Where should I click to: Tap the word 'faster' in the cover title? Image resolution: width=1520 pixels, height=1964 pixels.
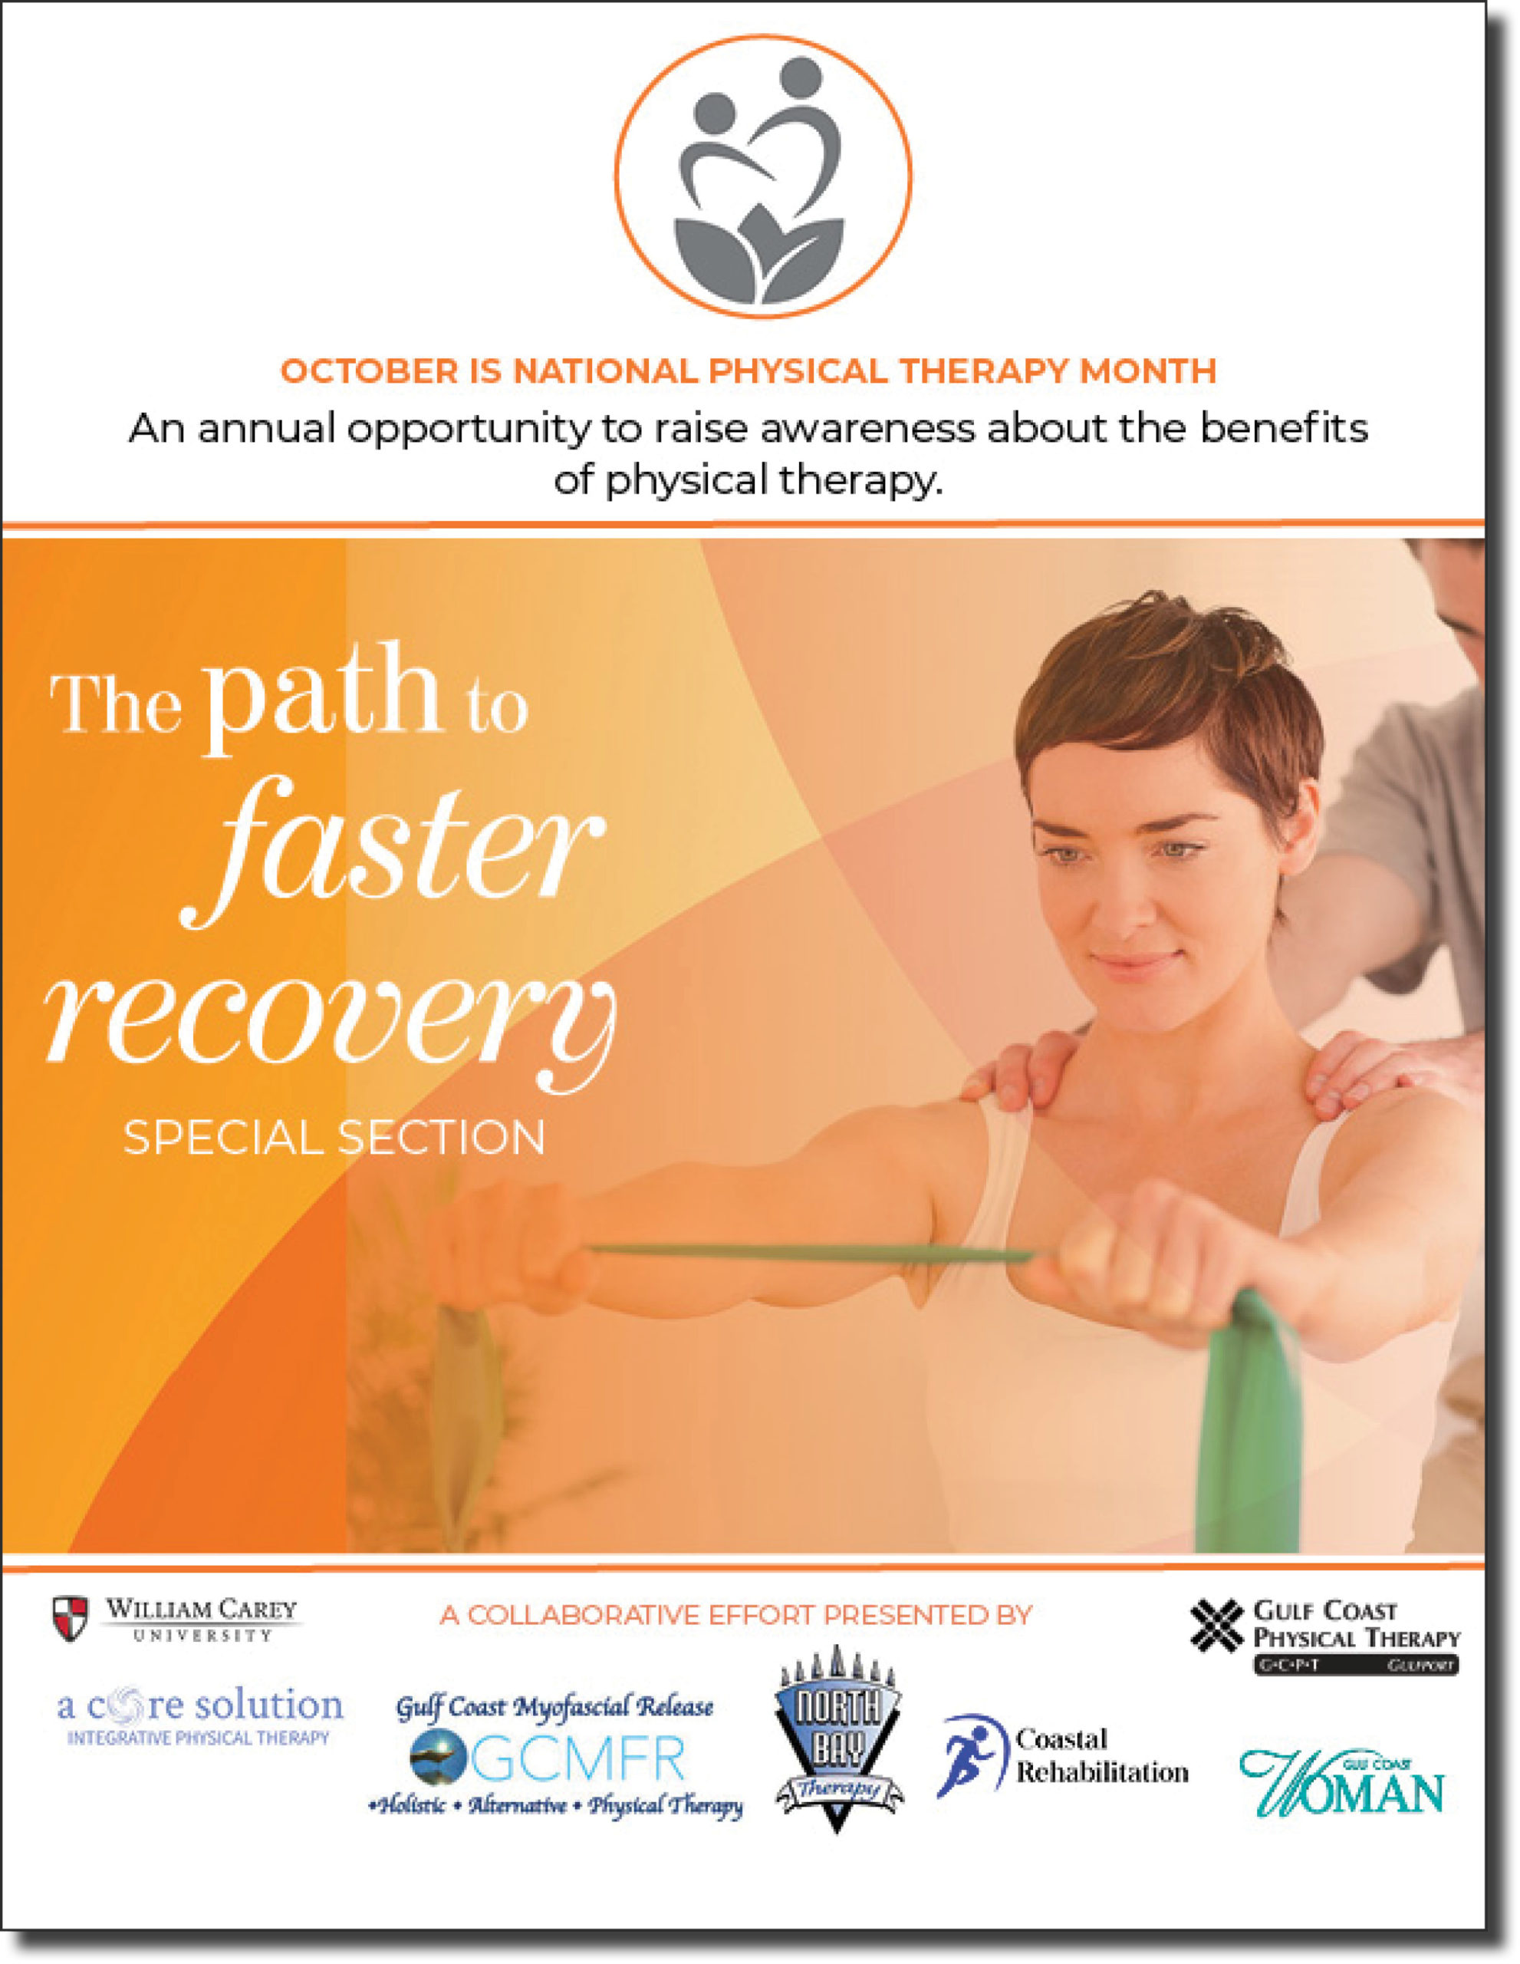tap(393, 852)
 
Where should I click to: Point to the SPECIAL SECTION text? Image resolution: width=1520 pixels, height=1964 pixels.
tap(334, 1139)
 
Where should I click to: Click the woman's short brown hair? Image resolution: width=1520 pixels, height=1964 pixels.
tap(1169, 701)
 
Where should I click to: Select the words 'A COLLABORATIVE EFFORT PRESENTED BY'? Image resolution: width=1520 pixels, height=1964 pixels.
tap(736, 1615)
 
